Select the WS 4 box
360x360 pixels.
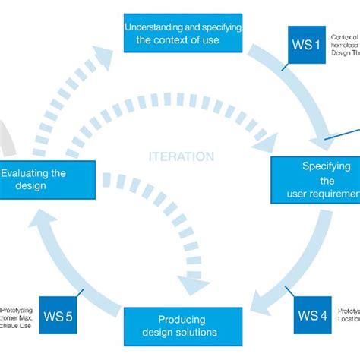coord(313,314)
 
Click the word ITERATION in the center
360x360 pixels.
coord(181,156)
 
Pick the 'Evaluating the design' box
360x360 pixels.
coord(47,179)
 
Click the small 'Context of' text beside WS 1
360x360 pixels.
coord(346,38)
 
